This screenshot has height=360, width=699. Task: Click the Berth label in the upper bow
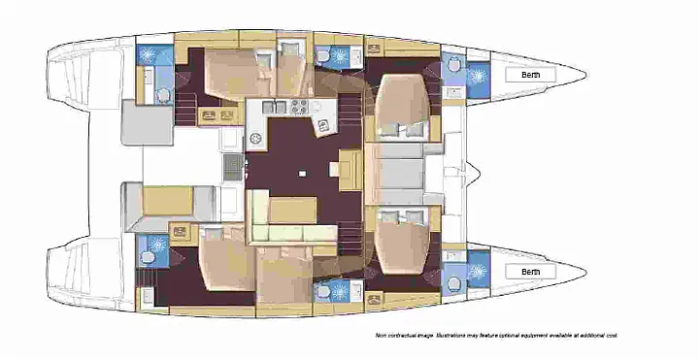(530, 75)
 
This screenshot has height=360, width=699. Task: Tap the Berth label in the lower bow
(530, 271)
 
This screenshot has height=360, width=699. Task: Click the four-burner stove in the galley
(297, 107)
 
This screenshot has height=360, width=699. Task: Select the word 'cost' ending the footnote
(610, 335)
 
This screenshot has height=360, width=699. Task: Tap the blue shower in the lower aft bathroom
(153, 245)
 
